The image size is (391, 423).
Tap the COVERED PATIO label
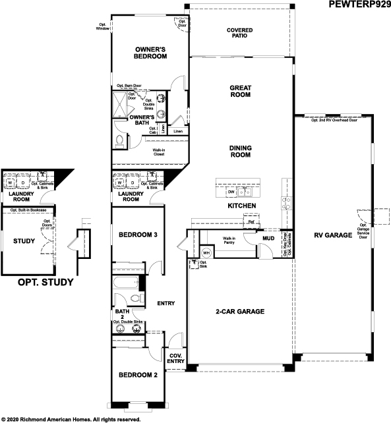240,34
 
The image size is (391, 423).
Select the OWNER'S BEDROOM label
150,53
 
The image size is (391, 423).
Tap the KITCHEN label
241,207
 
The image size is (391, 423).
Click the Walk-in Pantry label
229,240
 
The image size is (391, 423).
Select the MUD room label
268,238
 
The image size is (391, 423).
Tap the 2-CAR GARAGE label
240,311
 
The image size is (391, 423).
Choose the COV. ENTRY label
176,358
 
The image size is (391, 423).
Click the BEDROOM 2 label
138,376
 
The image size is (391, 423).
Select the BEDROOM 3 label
138,235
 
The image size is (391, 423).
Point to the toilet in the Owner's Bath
119,140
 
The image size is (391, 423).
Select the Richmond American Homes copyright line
71,418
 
